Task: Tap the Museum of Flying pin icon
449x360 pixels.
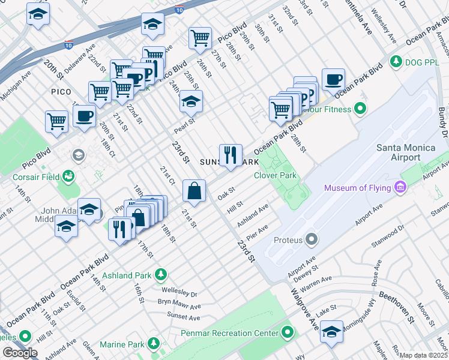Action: point(400,188)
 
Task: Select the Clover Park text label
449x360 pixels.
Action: point(276,175)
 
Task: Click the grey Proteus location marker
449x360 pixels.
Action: point(311,240)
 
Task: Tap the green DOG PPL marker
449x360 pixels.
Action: point(396,61)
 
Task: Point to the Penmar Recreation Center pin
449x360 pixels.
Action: point(288,332)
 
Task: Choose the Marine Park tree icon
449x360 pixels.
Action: point(154,344)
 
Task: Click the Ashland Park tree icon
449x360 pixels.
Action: point(160,275)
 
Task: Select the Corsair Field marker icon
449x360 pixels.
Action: point(70,176)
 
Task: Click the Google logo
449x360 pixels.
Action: point(20,353)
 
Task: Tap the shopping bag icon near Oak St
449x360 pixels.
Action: point(194,191)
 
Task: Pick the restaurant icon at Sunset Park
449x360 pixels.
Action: point(231,155)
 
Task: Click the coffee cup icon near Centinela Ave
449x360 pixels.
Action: point(333,79)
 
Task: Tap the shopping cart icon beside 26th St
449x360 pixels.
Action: point(200,38)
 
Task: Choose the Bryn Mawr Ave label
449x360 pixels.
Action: point(179,304)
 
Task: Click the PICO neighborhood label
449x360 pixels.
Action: point(61,92)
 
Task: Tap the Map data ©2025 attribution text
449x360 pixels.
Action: point(423,355)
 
